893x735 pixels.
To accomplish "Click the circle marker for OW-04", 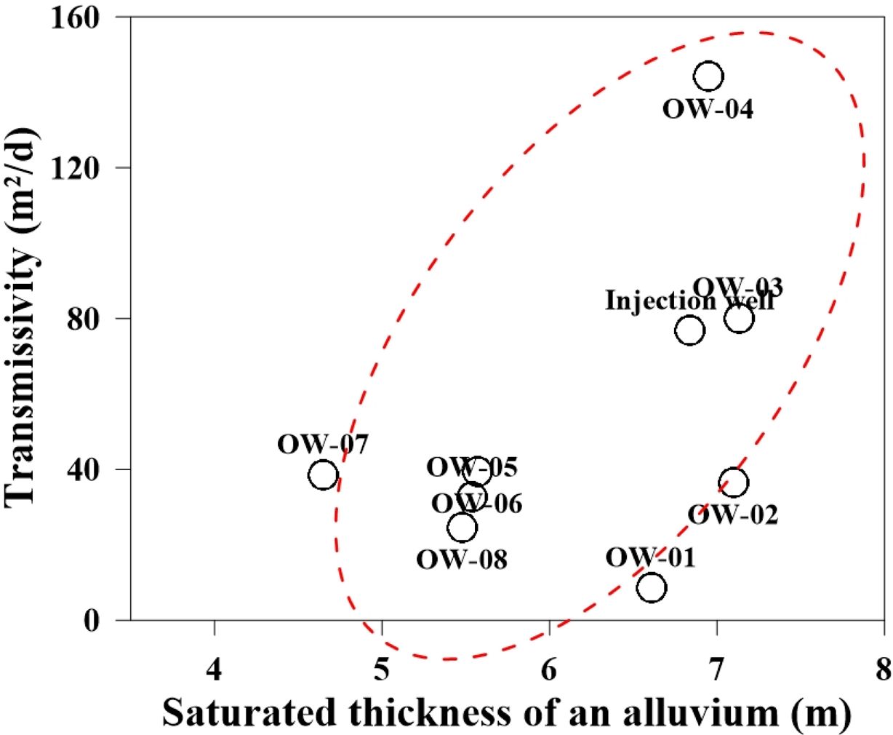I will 708,76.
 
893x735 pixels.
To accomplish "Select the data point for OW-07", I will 323,475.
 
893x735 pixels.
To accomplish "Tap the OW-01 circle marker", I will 652,587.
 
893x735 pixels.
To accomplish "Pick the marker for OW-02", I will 734,482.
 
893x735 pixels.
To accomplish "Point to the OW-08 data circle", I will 462,527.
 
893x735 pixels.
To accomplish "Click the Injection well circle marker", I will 689,330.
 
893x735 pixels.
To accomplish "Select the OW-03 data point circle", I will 739,318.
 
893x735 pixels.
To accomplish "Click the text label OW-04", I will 708,110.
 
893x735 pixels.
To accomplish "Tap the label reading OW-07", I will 323,443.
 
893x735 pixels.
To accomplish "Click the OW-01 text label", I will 650,557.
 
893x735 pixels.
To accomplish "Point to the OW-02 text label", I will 733,514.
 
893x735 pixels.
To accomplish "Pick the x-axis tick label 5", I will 383,648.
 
